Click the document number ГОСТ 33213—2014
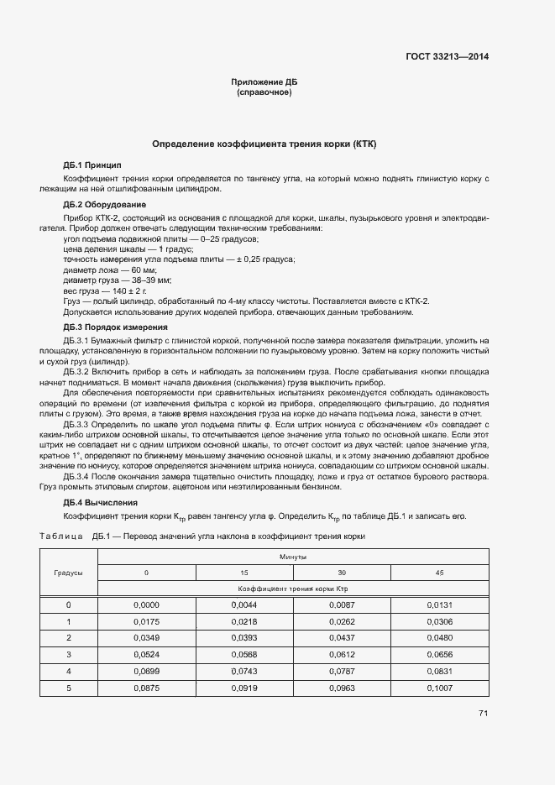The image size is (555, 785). coord(448,57)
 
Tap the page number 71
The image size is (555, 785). coord(483,713)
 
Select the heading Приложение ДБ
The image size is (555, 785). coord(264,81)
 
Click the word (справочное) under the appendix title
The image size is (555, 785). coord(264,92)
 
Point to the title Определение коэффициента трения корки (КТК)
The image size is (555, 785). coord(264,144)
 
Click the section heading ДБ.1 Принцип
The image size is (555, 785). coord(92,165)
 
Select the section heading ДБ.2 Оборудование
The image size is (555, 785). coord(105,204)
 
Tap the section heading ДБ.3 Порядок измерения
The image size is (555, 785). coord(116,327)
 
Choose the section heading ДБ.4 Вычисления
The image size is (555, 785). coord(101,502)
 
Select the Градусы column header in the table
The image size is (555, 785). coord(69,572)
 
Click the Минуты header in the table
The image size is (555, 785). coord(293,557)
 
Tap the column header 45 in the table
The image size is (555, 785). coord(439,572)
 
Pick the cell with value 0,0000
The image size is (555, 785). coord(146,604)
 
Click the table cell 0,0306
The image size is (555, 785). coord(439,621)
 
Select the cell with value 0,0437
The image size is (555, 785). coord(342,637)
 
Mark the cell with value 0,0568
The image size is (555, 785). coord(243,654)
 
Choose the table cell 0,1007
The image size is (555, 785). coord(439,688)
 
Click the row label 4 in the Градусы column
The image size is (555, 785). coord(69,671)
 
